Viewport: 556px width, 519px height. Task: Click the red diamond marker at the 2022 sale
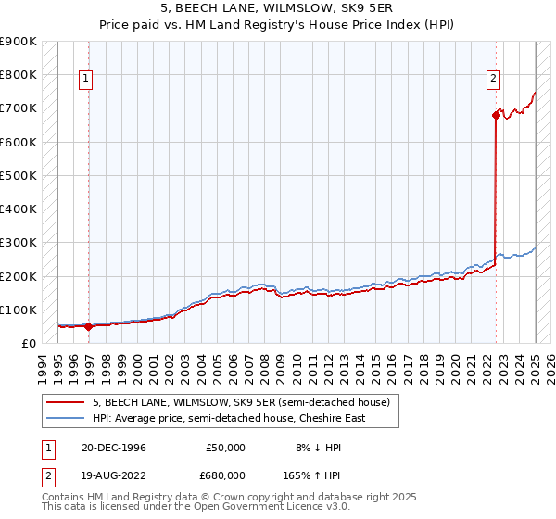point(495,115)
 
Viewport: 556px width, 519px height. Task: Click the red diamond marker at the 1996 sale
point(89,326)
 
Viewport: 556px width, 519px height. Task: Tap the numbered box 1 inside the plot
point(84,80)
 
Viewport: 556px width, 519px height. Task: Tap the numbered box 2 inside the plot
point(494,80)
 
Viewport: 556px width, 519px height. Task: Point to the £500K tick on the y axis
point(19,175)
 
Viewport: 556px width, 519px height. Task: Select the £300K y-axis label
point(19,243)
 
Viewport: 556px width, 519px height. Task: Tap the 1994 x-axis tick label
point(43,364)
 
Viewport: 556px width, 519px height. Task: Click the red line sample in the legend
point(68,402)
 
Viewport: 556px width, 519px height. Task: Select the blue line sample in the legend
point(68,418)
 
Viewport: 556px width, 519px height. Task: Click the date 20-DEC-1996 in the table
point(113,448)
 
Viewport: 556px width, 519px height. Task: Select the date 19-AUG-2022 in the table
point(113,475)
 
